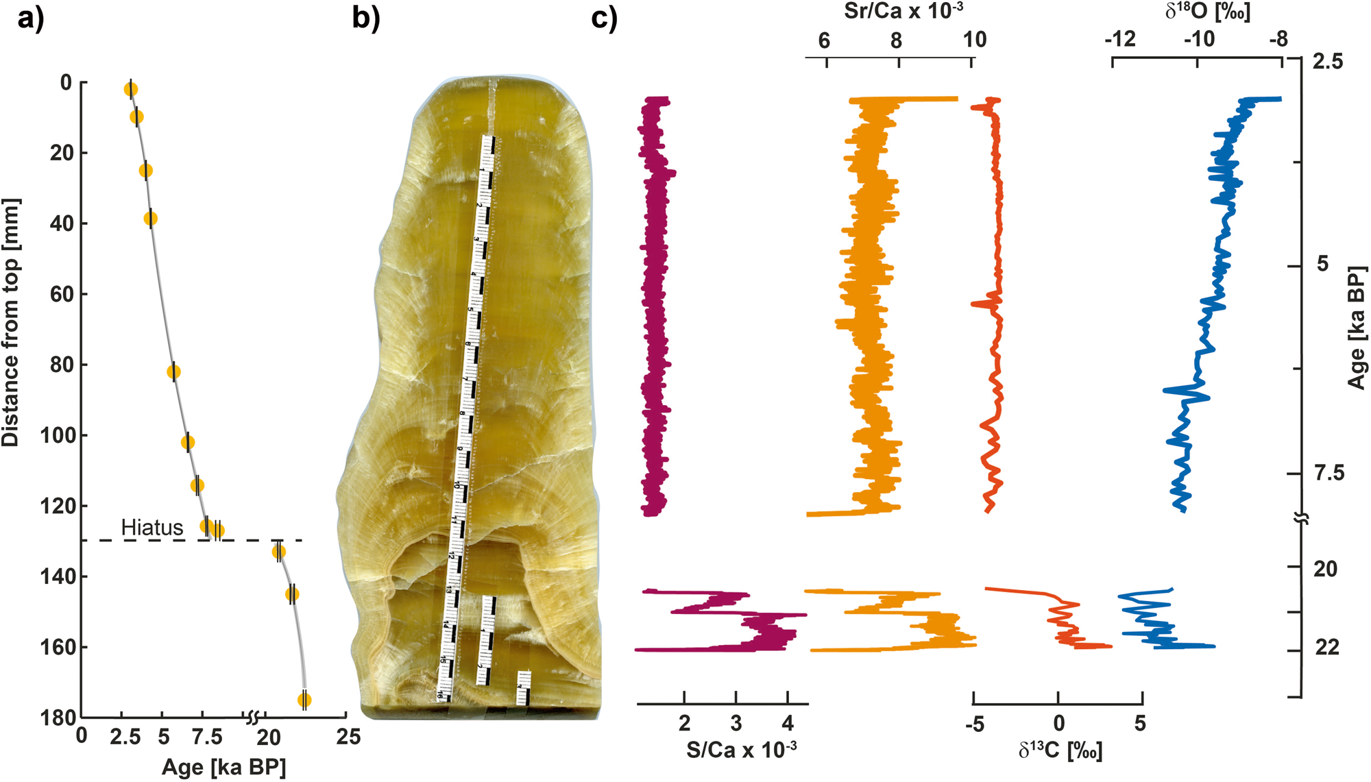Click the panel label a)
tap(30, 19)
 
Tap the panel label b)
tap(365, 19)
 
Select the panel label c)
tap(604, 19)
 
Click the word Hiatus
tap(152, 527)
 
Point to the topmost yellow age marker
tap(131, 89)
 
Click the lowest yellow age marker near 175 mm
tap(304, 700)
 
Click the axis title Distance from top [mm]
tap(11, 322)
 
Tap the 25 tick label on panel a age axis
tap(348, 737)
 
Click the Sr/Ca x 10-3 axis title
tap(903, 11)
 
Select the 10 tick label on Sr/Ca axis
tap(974, 40)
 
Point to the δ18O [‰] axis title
tap(1208, 11)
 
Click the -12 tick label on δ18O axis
tap(1120, 40)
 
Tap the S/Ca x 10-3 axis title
tap(741, 750)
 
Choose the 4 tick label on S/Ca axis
tap(788, 723)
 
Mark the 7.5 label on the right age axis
tap(1329, 473)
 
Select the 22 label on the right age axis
tap(1327, 648)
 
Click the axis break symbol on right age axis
tap(1302, 519)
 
